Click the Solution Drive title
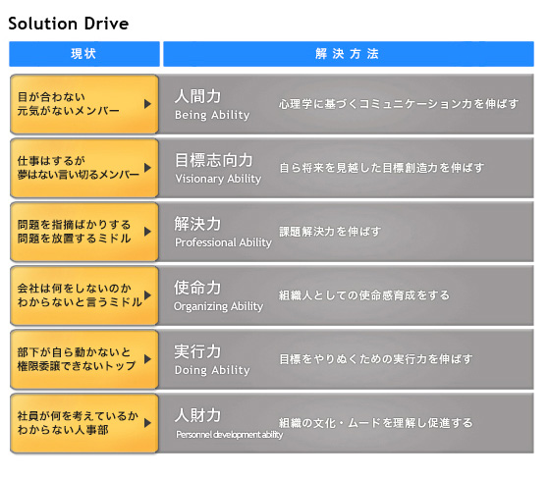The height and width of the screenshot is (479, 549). pos(69,24)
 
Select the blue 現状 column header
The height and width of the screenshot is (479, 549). pos(84,54)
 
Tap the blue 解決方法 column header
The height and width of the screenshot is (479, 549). pos(349,54)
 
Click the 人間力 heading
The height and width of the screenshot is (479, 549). pos(197,96)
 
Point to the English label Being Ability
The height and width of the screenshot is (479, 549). pos(212,115)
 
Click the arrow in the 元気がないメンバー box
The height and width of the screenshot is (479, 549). pos(147,104)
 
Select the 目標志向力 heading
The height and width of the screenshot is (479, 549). pos(213,160)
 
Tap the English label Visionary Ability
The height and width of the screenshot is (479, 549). pos(218,179)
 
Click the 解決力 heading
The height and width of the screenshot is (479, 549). pos(197,224)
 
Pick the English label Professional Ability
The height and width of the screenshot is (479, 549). pos(223,242)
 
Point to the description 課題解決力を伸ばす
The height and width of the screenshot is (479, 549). pos(330,232)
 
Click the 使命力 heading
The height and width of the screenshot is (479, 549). pos(197,288)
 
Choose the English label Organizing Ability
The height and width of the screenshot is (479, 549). pos(218,306)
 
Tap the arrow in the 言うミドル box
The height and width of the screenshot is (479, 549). pos(147,295)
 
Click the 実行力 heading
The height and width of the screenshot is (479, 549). pos(197,351)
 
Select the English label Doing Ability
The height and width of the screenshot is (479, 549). pos(212,370)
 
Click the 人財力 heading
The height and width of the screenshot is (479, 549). pos(197,415)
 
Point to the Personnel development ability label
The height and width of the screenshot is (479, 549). pos(230,435)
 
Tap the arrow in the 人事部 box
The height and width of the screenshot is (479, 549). pos(147,423)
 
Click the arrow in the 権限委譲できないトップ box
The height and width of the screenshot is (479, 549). pos(147,359)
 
